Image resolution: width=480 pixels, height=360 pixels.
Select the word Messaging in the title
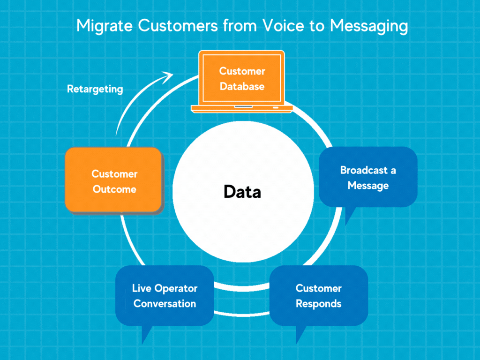coord(368,27)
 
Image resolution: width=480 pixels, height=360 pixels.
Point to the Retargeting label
coord(95,89)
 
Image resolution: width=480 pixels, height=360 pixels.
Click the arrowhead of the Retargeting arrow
coord(168,75)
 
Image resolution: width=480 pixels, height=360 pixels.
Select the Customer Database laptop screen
coord(242,79)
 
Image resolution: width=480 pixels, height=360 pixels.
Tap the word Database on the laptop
coord(242,87)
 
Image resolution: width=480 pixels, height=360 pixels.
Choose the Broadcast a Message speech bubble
coord(368,177)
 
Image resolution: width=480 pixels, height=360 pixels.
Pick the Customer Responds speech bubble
coord(319,295)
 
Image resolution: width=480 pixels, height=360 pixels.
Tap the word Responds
coord(319,304)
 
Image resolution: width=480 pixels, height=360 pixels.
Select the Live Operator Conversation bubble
coord(165,295)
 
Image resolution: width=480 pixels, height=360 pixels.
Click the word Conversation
coord(165,304)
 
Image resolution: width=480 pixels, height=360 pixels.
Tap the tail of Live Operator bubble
coord(146,335)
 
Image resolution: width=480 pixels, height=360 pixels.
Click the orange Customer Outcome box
coord(114,180)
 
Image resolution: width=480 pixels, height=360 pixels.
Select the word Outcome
coord(114,190)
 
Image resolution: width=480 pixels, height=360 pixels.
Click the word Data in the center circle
coord(242,192)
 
